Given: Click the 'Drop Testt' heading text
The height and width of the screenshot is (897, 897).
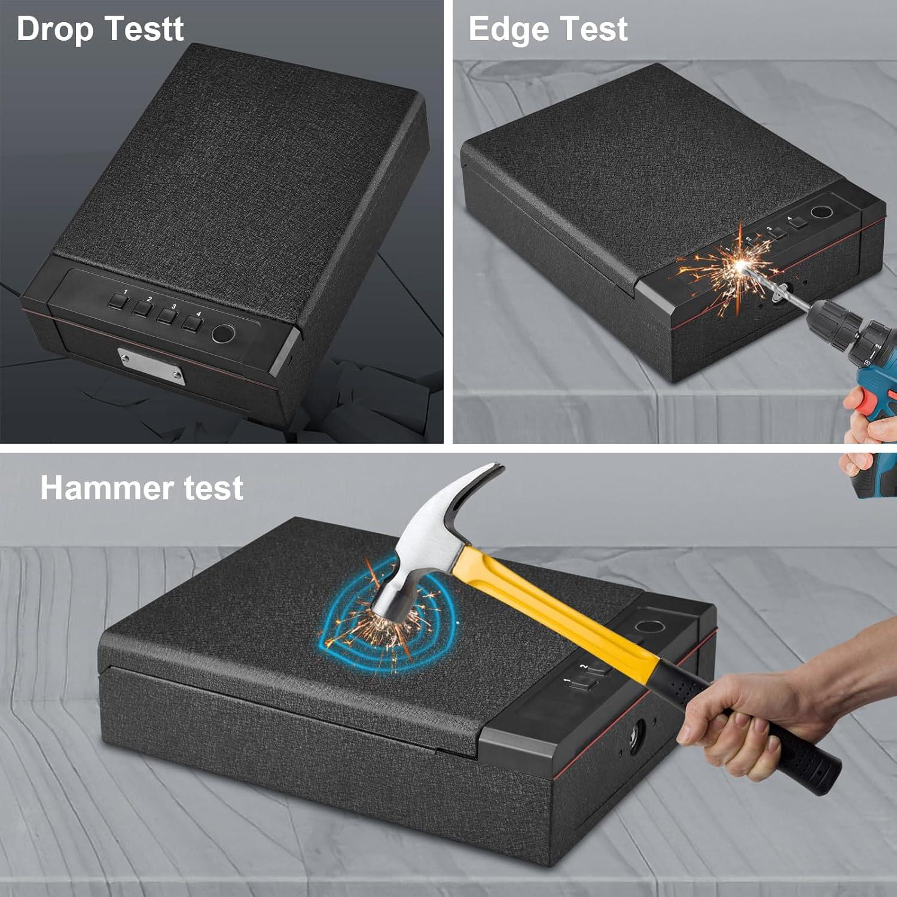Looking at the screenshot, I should point(100,29).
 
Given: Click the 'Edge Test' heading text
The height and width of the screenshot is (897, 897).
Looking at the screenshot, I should point(547,29).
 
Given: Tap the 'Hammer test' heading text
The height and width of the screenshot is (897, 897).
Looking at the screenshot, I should point(142,488).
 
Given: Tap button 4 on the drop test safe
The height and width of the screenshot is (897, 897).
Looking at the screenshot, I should point(191,324).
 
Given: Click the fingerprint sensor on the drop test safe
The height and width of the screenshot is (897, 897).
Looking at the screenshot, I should point(223,334).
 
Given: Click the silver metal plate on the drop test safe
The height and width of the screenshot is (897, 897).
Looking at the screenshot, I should point(151,366).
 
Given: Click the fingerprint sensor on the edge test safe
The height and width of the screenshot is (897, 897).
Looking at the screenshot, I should point(821,213).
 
